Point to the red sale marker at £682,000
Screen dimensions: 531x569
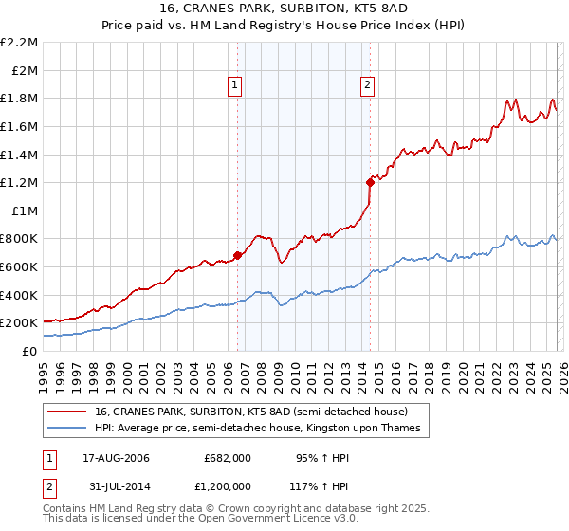pos(237,255)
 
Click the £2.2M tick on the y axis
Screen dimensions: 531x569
pos(19,43)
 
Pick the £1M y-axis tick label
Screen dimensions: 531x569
pos(24,211)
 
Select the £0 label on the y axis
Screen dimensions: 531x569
pos(28,351)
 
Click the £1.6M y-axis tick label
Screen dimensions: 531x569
pos(19,126)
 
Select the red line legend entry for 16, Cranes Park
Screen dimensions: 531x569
pos(250,412)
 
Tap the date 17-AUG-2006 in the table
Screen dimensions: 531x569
pos(110,458)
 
